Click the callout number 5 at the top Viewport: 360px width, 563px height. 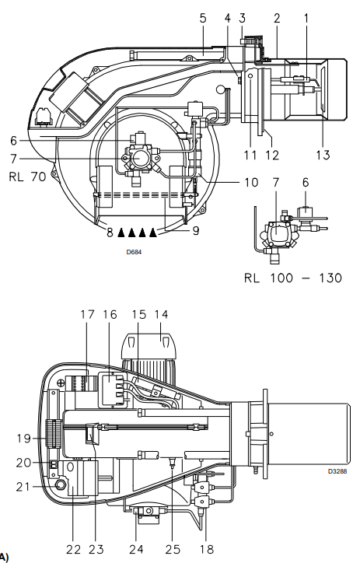(203, 18)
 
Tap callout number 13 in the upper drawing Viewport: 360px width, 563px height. (323, 155)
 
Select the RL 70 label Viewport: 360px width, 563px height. (28, 177)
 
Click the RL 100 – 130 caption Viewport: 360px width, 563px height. (293, 278)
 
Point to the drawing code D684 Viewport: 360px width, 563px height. (134, 252)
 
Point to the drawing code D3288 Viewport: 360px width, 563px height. (337, 471)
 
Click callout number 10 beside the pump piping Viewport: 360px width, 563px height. (251, 183)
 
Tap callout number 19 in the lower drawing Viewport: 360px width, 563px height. (23, 439)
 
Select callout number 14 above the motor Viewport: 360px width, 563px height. (161, 314)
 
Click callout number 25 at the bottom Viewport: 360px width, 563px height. (173, 549)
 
